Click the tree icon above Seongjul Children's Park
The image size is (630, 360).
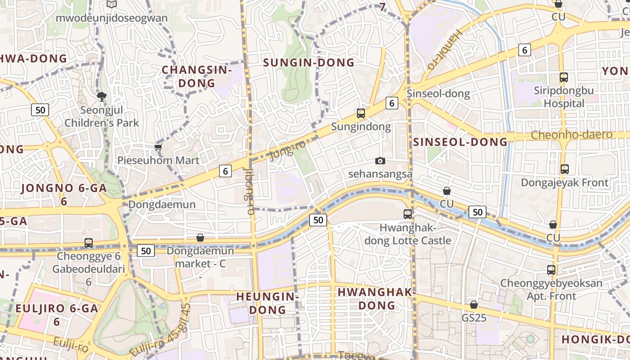coord(102,96)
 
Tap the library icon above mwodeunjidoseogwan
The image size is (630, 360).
coord(111,4)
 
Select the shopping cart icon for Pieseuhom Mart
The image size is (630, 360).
coord(158,147)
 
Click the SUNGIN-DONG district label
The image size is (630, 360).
coord(309,63)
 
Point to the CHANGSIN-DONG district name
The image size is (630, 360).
coord(197,76)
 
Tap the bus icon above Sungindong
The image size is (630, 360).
coord(360,113)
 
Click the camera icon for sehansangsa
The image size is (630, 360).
coord(380,161)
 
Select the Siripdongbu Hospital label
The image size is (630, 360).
coord(564,97)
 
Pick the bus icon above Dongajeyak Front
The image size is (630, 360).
coord(564,169)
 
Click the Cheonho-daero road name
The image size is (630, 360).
coord(571,135)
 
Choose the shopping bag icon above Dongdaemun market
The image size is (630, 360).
coord(200,238)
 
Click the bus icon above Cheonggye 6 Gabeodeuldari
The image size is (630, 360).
coord(89,243)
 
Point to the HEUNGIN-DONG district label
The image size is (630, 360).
coord(268,303)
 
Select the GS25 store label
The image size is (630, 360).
coord(474,318)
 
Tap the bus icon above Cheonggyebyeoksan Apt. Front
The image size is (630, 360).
coord(551,270)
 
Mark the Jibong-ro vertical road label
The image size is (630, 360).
coord(249,191)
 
